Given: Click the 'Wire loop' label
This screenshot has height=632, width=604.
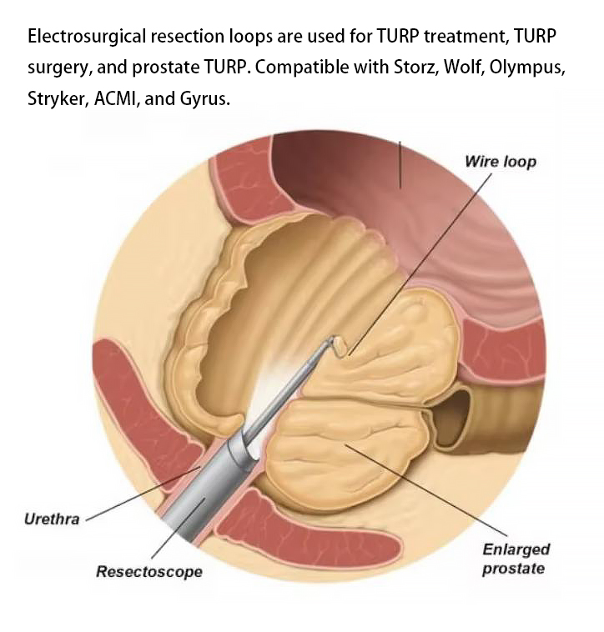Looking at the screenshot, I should point(501,161).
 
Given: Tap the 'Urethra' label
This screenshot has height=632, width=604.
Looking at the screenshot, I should point(52,519).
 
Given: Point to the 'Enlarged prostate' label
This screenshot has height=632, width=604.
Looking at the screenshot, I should point(516,559).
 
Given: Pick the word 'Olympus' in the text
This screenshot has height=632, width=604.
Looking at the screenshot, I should point(527,68).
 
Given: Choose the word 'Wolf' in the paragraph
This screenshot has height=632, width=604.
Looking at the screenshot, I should point(465,68).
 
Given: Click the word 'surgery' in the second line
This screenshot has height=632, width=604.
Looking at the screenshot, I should point(58,68).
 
